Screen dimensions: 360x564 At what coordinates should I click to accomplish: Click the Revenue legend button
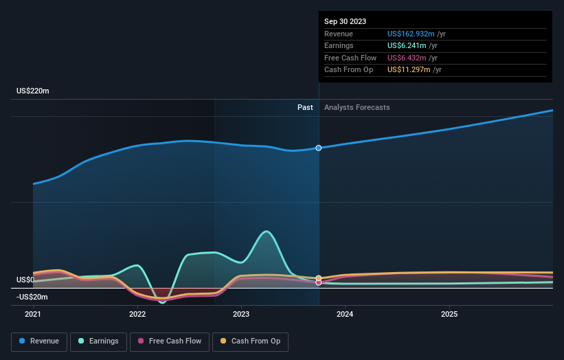pyautogui.click(x=40, y=341)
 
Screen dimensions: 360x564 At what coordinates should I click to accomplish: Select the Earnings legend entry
pyautogui.click(x=99, y=341)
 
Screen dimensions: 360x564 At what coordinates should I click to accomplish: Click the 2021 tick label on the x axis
pyautogui.click(x=33, y=315)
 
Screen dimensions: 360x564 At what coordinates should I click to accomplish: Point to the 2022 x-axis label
pyautogui.click(x=137, y=315)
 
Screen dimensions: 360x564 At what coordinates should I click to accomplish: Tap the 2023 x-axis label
pyautogui.click(x=241, y=315)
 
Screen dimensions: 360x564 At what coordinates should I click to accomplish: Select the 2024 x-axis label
pyautogui.click(x=345, y=315)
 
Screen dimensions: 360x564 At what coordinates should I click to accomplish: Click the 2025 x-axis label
pyautogui.click(x=449, y=315)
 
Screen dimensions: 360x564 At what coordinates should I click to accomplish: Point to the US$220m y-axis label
pyautogui.click(x=33, y=91)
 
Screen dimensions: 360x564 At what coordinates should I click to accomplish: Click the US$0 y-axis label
pyautogui.click(x=25, y=280)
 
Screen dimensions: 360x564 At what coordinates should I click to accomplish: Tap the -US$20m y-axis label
pyautogui.click(x=33, y=297)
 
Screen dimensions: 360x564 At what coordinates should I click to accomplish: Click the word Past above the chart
pyautogui.click(x=305, y=107)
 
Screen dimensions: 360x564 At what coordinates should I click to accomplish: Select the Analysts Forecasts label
pyautogui.click(x=357, y=107)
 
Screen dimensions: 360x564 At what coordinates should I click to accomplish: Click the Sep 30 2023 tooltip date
pyautogui.click(x=345, y=21)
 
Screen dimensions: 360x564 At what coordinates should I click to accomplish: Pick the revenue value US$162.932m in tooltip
pyautogui.click(x=411, y=34)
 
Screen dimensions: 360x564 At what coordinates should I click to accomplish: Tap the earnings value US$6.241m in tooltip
pyautogui.click(x=407, y=46)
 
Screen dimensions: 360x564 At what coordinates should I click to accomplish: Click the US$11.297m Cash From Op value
pyautogui.click(x=409, y=70)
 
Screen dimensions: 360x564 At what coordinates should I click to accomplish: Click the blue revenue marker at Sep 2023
pyautogui.click(x=319, y=148)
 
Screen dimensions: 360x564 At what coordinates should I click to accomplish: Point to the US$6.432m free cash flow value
pyautogui.click(x=407, y=58)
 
